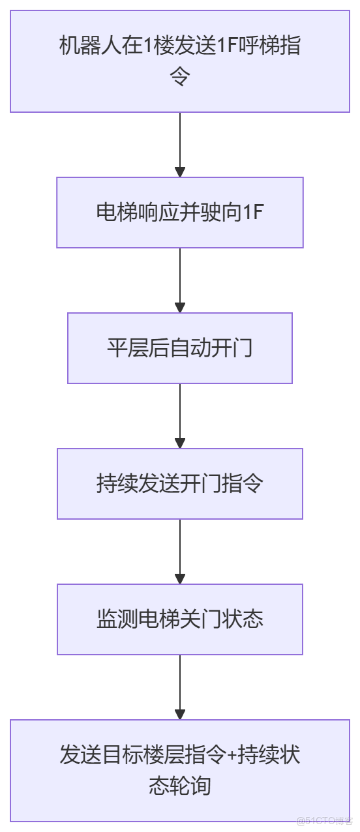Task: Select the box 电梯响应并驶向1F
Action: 180,213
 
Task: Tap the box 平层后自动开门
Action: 180,348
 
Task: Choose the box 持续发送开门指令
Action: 180,484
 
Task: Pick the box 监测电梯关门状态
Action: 180,619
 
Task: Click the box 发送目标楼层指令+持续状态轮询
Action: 180,770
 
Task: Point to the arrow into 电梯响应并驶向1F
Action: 180,145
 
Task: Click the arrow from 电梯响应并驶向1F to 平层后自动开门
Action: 180,280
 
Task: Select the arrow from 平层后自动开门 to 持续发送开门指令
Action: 180,416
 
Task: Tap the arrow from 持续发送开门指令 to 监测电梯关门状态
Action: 180,552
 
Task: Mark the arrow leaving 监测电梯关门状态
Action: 180,687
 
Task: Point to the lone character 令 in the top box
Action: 180,78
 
